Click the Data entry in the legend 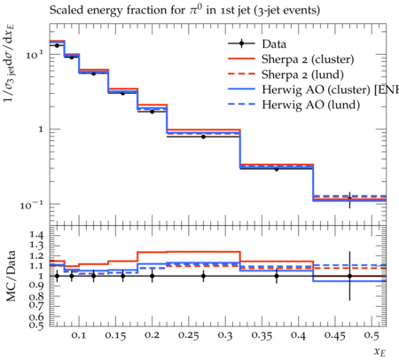[274, 44]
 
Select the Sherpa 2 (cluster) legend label [308, 59]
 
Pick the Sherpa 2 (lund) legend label [302, 74]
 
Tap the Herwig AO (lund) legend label [311, 105]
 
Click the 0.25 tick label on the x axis [189, 335]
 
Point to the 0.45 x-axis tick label [335, 335]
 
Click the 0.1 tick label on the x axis [79, 335]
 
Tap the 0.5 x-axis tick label [372, 335]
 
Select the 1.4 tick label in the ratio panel [36, 235]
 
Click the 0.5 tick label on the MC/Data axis [36, 325]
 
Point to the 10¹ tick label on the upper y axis [35, 54]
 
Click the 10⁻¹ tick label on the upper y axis [32, 205]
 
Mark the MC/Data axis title [11, 276]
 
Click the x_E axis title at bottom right [380, 351]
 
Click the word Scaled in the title [65, 10]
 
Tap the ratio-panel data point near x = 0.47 [349, 276]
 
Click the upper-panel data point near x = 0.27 [203, 137]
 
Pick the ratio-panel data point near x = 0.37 [277, 276]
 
